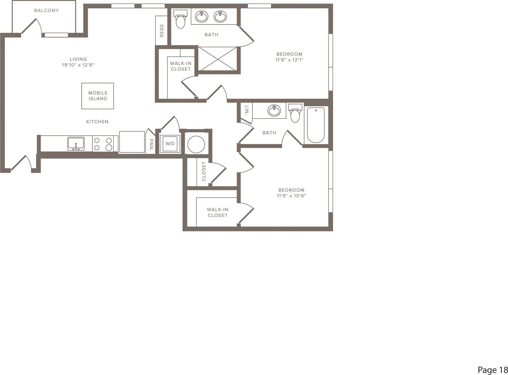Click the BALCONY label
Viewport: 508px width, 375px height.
tap(46, 10)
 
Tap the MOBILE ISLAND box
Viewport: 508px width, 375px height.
tap(98, 96)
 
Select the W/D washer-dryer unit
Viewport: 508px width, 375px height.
tap(170, 144)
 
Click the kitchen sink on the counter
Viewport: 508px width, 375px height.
tap(76, 144)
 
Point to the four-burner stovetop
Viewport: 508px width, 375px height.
tap(103, 144)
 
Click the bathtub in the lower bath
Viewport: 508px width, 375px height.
tap(316, 125)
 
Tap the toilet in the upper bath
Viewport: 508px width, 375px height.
tap(181, 19)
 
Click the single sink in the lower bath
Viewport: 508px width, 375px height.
tap(274, 111)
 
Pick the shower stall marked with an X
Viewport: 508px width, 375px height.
tap(217, 59)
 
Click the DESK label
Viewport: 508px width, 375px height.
tap(162, 31)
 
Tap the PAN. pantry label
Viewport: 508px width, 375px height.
tap(151, 145)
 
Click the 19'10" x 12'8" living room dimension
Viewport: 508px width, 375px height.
tap(78, 65)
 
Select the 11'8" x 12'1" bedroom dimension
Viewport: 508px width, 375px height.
tap(289, 60)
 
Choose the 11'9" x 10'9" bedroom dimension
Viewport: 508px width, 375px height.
tap(291, 196)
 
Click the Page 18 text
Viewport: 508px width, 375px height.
tap(493, 370)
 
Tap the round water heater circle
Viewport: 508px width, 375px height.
tap(196, 144)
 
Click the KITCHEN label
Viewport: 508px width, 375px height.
tap(97, 122)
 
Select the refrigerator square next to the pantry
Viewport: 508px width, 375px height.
tap(132, 142)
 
